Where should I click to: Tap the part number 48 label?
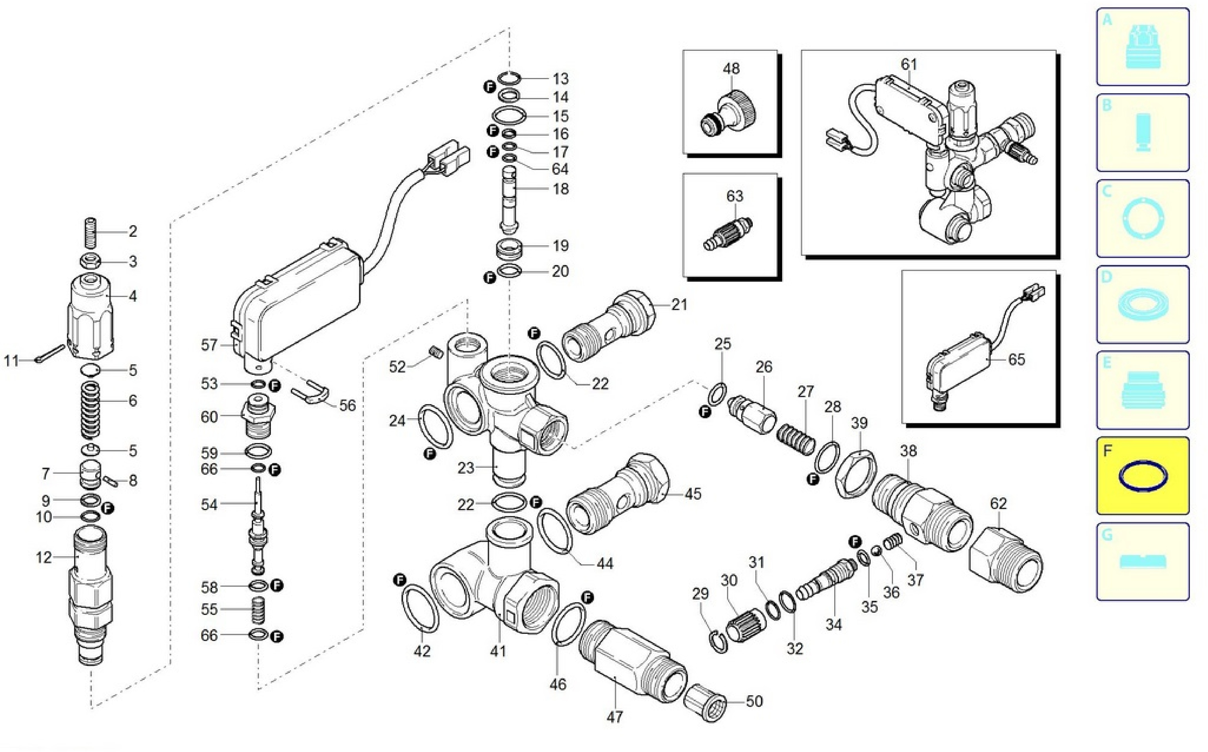point(731,69)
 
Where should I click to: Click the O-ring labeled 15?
point(509,115)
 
